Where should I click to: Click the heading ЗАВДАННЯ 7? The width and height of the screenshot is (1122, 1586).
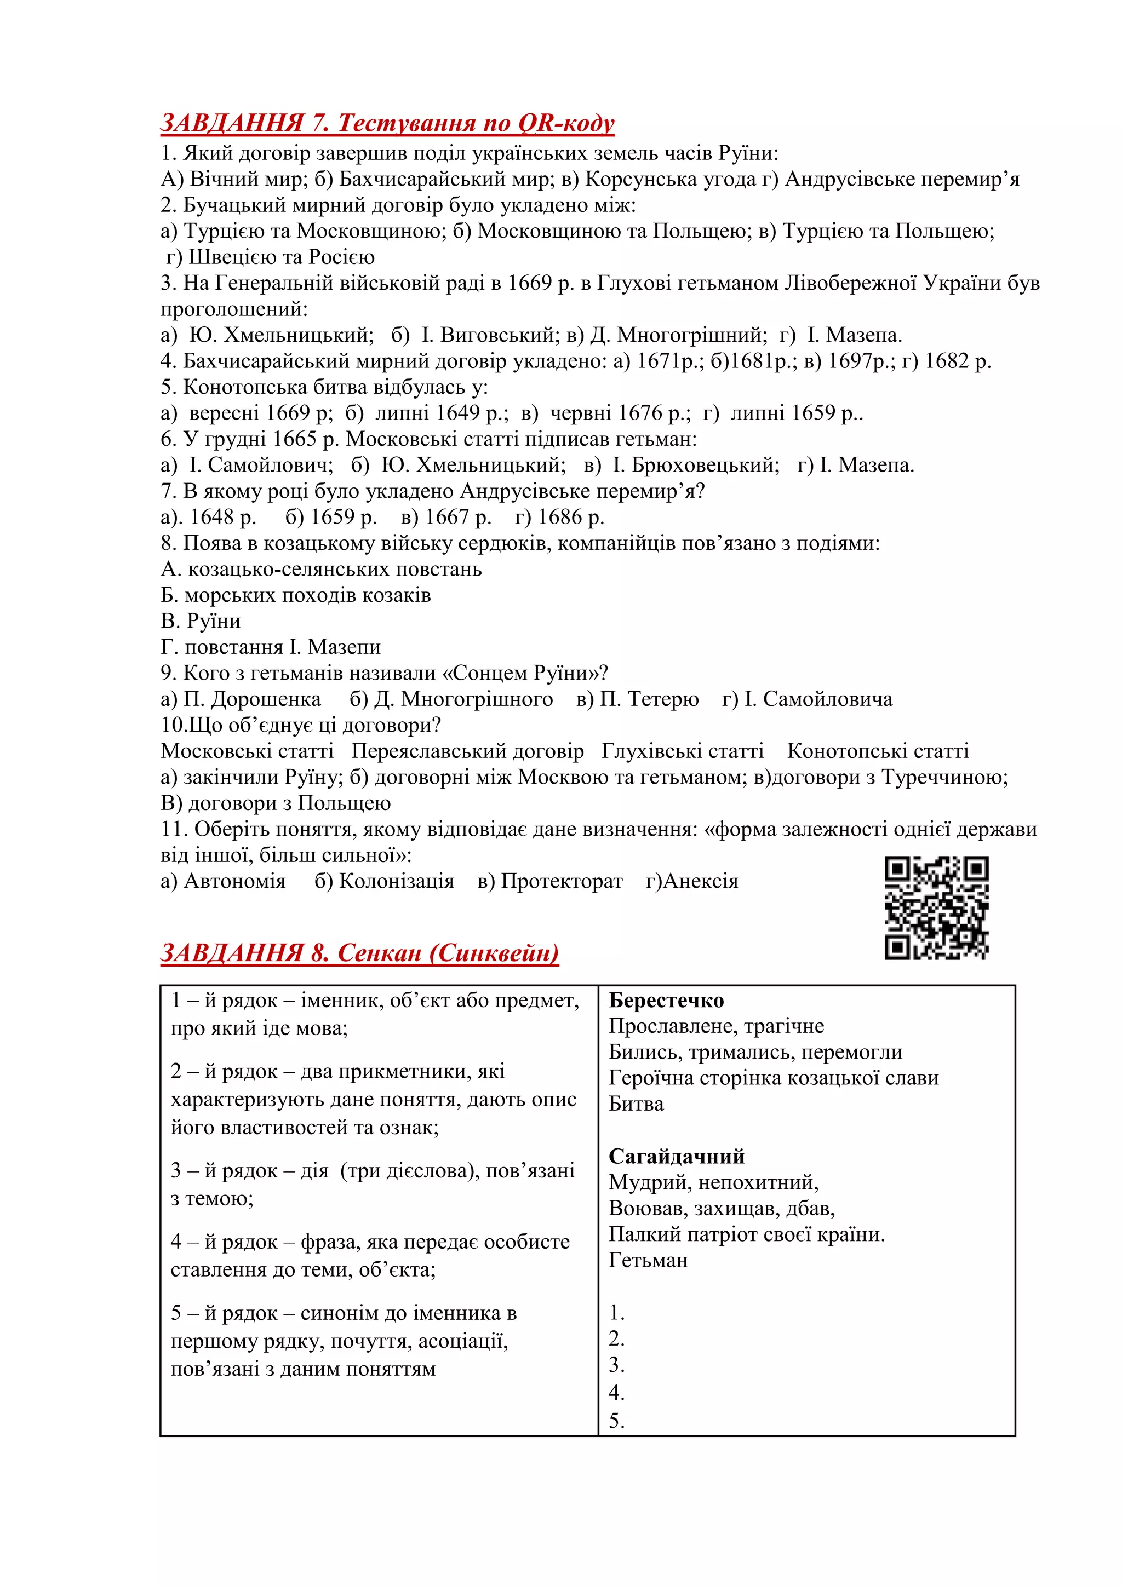[x=387, y=123]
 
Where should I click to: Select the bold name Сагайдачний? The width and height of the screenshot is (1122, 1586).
[x=677, y=1156]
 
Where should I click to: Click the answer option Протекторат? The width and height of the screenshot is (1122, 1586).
[x=561, y=881]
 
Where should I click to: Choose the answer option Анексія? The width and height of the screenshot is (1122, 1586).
[x=700, y=881]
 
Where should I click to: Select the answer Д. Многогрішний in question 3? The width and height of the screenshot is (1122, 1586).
[x=677, y=335]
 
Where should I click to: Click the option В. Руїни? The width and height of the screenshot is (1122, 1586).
[x=201, y=621]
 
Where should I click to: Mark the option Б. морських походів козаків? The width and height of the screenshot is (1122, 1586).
[x=296, y=595]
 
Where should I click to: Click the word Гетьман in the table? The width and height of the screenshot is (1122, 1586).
[x=648, y=1260]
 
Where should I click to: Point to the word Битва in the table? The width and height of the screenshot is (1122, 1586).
[x=636, y=1104]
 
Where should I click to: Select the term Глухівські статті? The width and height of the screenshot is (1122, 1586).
[x=683, y=751]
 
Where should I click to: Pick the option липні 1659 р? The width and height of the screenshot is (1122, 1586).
[x=794, y=413]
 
